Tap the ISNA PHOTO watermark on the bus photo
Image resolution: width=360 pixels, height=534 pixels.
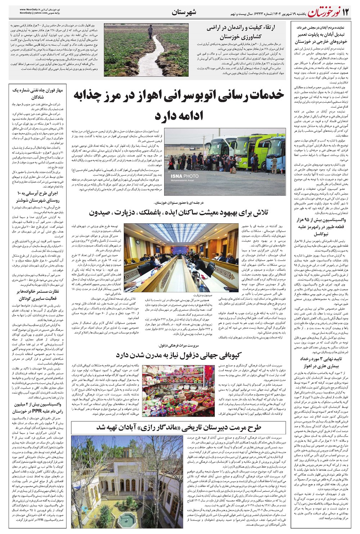(x=184, y=176)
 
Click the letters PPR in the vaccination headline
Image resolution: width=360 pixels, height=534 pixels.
(x=42, y=411)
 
